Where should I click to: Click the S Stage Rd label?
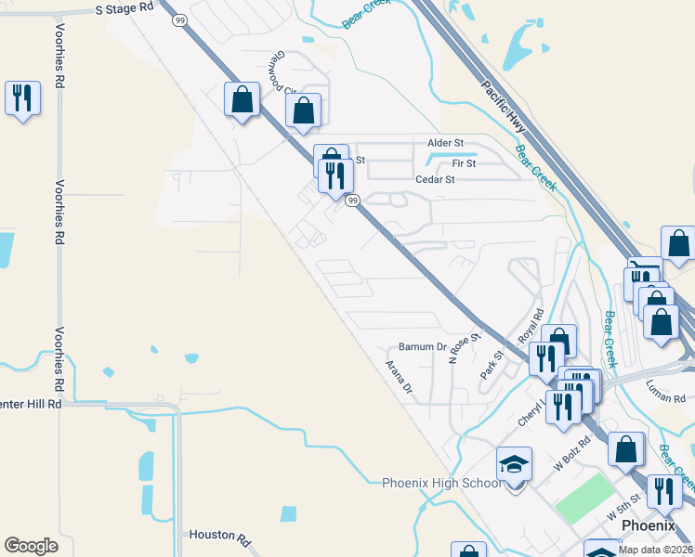125,7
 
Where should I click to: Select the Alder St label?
445,143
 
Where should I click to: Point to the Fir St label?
464,163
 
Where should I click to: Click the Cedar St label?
435,180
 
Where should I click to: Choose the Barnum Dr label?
423,346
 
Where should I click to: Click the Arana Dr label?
399,377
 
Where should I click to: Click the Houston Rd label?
220,536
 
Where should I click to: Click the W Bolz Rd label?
571,454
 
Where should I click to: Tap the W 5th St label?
623,506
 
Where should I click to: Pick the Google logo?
31,546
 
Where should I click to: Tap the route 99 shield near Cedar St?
352,201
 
